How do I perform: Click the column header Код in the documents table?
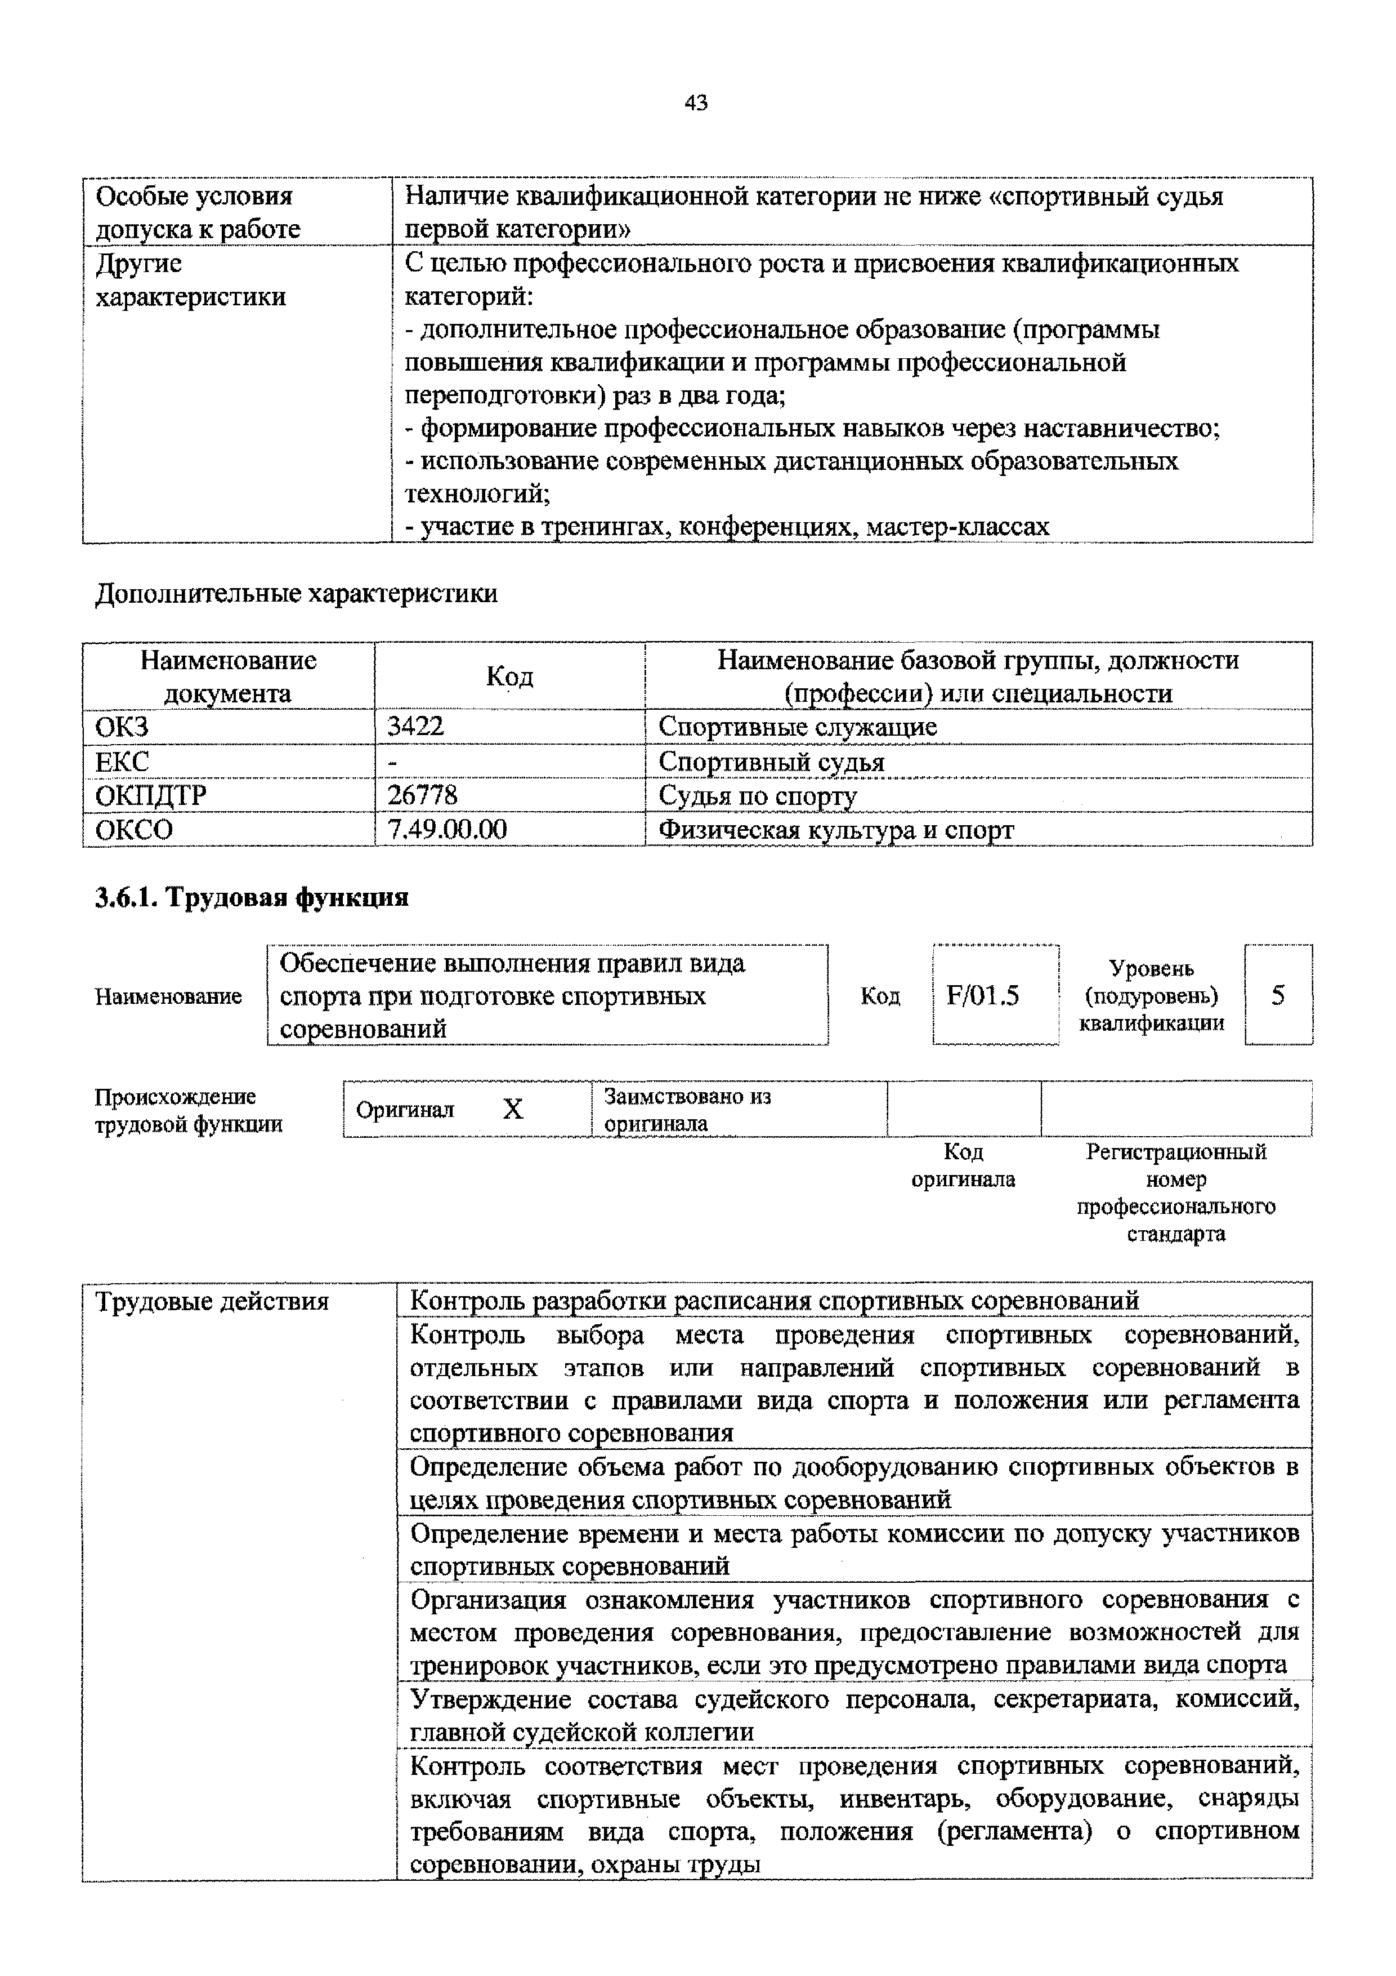click(x=509, y=677)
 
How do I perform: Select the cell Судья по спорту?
click(x=757, y=796)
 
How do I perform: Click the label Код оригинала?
click(x=963, y=1165)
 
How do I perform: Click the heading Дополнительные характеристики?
click(x=296, y=593)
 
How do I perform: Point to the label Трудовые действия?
click(x=212, y=1301)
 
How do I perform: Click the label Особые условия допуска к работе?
click(x=198, y=212)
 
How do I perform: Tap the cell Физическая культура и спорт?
click(x=835, y=830)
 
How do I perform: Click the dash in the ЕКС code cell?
click(x=392, y=762)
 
